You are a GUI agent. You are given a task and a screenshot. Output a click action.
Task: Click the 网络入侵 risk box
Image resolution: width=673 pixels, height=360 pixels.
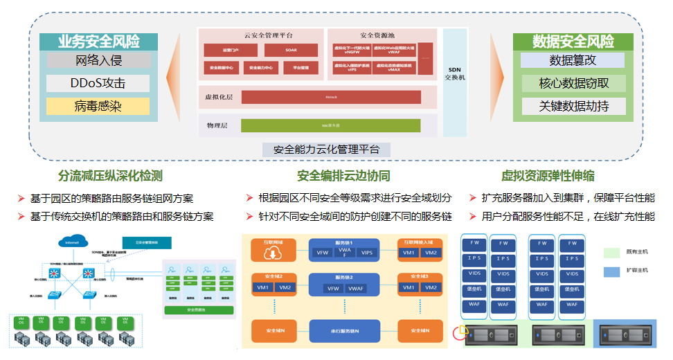click(x=98, y=60)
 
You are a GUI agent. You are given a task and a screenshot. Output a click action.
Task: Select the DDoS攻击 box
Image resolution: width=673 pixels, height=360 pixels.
click(x=98, y=84)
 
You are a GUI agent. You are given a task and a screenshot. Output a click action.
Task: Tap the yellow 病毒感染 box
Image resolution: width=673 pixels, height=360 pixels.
click(x=98, y=107)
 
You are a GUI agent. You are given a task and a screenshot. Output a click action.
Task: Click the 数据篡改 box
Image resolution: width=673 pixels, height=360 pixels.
click(x=573, y=60)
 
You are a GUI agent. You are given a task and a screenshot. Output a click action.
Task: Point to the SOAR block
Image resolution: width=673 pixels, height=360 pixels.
click(x=291, y=50)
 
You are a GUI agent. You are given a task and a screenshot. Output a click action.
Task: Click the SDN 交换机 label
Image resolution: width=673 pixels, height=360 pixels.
click(x=454, y=73)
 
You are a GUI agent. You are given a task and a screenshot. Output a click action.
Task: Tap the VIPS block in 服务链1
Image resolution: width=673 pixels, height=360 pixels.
click(x=367, y=253)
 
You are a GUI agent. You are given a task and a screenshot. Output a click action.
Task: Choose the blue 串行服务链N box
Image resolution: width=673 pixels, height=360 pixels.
click(x=344, y=331)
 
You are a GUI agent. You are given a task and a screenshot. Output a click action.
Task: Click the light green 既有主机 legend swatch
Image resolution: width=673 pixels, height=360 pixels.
click(x=612, y=253)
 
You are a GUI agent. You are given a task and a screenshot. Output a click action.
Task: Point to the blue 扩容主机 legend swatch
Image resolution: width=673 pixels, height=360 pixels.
click(x=612, y=271)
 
